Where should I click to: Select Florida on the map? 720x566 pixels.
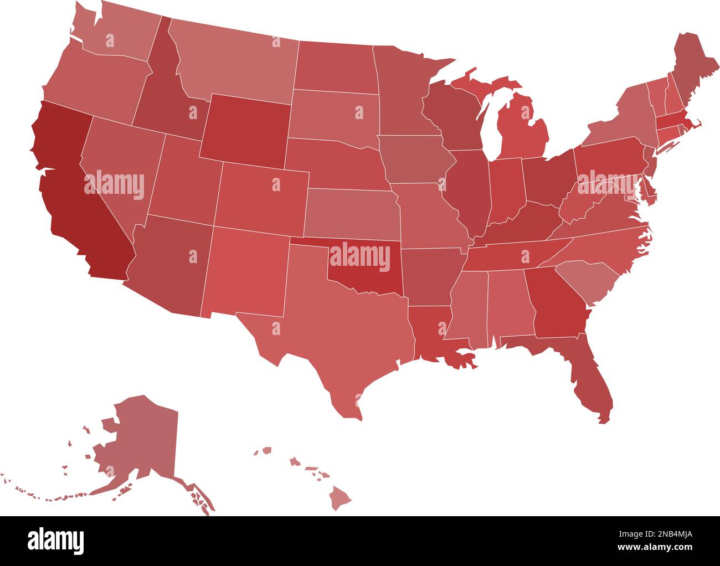click(x=587, y=377)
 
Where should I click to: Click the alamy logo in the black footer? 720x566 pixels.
click(x=56, y=540)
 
